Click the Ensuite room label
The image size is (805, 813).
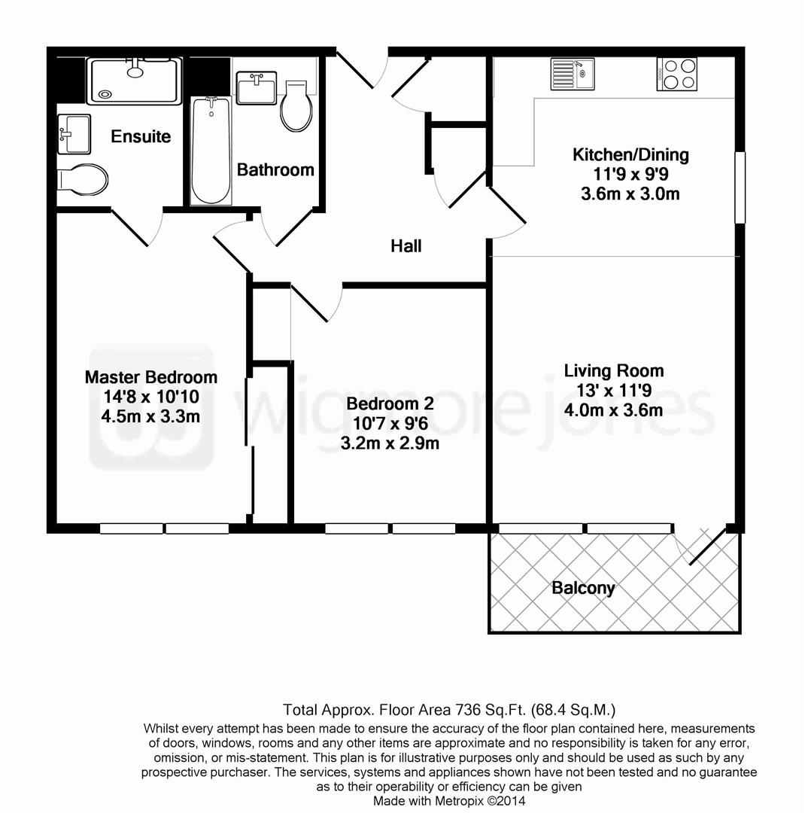pyautogui.click(x=141, y=137)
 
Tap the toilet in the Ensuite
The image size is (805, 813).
pyautogui.click(x=83, y=179)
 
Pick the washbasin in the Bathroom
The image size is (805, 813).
pyautogui.click(x=256, y=88)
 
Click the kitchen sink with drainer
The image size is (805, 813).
pyautogui.click(x=572, y=74)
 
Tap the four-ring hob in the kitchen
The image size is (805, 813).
pyautogui.click(x=676, y=74)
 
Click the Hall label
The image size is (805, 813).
pyautogui.click(x=406, y=246)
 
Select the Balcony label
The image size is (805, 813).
pyautogui.click(x=583, y=588)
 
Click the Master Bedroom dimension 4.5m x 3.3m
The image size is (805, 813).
pyautogui.click(x=151, y=416)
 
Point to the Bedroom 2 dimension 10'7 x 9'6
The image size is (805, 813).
pyautogui.click(x=390, y=424)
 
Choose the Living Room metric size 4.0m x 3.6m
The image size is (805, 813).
pyautogui.click(x=614, y=410)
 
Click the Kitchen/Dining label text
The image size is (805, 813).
pyautogui.click(x=630, y=156)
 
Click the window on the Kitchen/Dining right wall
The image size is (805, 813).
pyautogui.click(x=740, y=187)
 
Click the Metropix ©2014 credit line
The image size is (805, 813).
pyautogui.click(x=449, y=801)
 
